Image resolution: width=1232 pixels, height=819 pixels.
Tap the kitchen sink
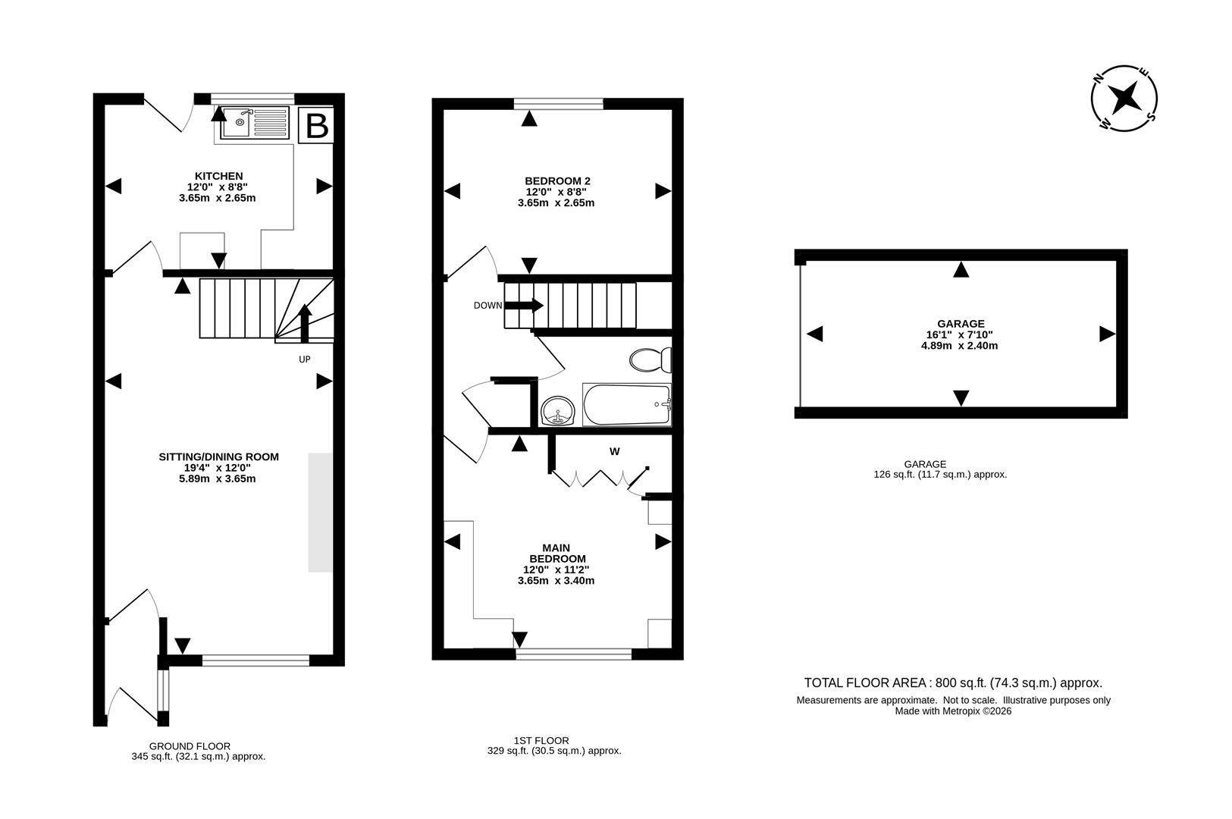point(255,122)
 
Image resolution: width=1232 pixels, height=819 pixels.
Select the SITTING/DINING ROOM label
point(218,457)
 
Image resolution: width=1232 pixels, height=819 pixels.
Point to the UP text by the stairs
point(304,359)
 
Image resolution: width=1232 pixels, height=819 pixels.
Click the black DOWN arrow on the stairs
point(524,305)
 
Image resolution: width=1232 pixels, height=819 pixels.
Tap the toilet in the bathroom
point(650,359)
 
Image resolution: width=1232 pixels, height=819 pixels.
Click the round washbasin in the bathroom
point(560,412)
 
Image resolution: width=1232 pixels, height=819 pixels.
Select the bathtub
point(626,403)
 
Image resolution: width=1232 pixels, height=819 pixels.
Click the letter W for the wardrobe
point(615,451)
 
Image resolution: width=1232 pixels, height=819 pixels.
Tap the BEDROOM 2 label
point(557,180)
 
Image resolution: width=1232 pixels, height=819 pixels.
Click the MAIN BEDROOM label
point(556,553)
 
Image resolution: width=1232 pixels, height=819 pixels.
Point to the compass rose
point(1124,99)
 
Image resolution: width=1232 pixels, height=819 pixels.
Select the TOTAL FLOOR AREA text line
point(953,682)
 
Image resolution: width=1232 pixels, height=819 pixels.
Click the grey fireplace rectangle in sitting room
point(320,512)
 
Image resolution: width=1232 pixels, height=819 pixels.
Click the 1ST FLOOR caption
point(541,740)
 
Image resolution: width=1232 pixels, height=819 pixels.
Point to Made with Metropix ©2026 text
point(953,711)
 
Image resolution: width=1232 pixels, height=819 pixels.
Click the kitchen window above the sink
point(252,98)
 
